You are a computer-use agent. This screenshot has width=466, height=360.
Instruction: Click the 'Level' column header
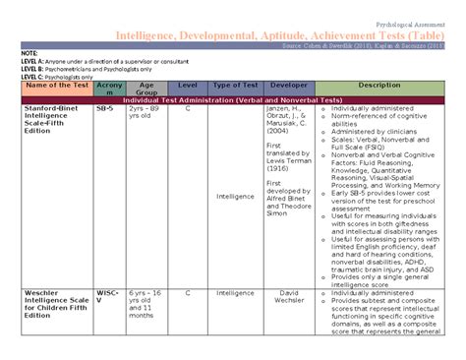(x=188, y=87)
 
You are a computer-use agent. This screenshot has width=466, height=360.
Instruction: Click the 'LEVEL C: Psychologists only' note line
(x=58, y=76)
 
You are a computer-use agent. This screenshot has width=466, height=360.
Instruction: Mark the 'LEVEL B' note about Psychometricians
(x=89, y=69)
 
